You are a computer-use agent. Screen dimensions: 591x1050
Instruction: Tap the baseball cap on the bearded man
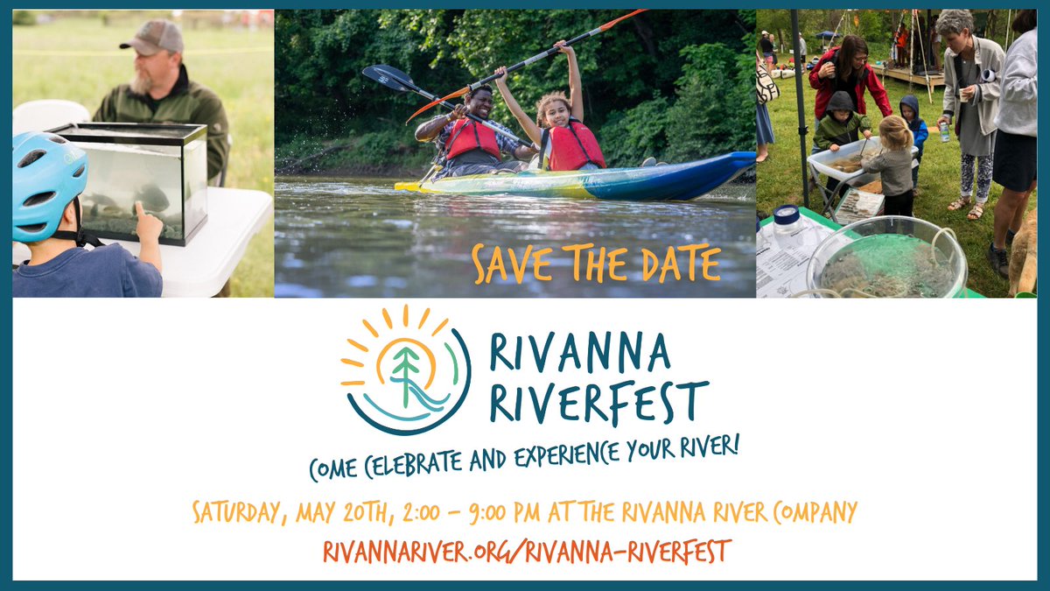pos(152,37)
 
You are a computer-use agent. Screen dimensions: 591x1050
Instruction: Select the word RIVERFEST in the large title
pos(598,402)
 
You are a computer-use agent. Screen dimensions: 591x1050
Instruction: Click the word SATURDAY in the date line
pos(235,512)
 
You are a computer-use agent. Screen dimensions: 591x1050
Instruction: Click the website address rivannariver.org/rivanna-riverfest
pos(527,552)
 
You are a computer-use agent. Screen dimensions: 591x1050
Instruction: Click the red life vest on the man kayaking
pos(472,137)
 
